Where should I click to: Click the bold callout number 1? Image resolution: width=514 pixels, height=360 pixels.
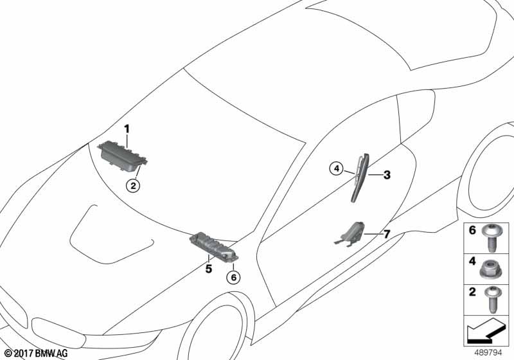pyautogui.click(x=127, y=129)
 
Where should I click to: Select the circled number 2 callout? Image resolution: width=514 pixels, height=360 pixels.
pyautogui.click(x=133, y=186)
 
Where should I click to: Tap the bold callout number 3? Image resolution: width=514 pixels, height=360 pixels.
pyautogui.click(x=387, y=175)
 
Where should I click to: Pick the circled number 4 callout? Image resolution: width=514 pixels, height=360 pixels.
pyautogui.click(x=336, y=169)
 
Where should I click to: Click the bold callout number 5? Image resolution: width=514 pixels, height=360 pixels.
pyautogui.click(x=209, y=269)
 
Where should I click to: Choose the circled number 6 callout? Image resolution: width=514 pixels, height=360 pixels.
pyautogui.click(x=233, y=278)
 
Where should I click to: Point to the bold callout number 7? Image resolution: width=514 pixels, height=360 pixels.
pyautogui.click(x=387, y=234)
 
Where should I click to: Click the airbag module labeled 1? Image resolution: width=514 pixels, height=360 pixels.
pyautogui.click(x=122, y=156)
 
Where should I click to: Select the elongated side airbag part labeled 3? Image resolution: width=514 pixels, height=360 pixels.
pyautogui.click(x=360, y=177)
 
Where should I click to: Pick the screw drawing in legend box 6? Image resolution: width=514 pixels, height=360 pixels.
pyautogui.click(x=490, y=239)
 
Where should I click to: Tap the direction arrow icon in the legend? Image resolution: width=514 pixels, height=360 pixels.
pyautogui.click(x=485, y=330)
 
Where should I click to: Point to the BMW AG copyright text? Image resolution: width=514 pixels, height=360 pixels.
pyautogui.click(x=37, y=353)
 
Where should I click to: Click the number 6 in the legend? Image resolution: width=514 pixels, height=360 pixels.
pyautogui.click(x=472, y=230)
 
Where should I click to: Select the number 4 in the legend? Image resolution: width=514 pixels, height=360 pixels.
pyautogui.click(x=472, y=261)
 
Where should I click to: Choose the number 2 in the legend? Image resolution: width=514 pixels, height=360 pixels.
pyautogui.click(x=472, y=292)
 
